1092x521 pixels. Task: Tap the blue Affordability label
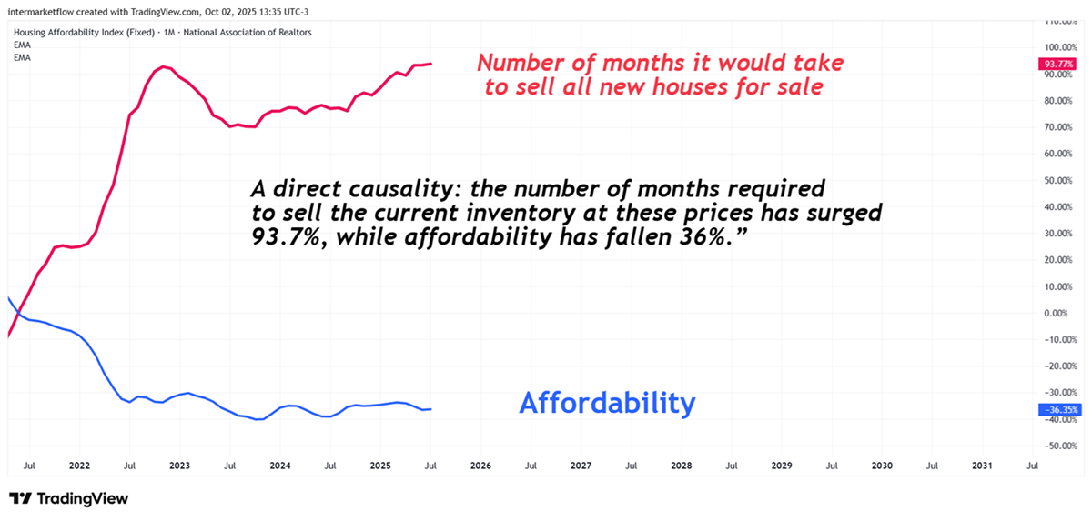pyautogui.click(x=607, y=403)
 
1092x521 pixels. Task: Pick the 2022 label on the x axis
pyautogui.click(x=79, y=466)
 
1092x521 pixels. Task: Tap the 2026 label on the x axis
pyautogui.click(x=480, y=466)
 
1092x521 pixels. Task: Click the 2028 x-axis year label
pyautogui.click(x=681, y=466)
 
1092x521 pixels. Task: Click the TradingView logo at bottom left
pyautogui.click(x=68, y=498)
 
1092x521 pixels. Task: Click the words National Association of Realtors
pyautogui.click(x=259, y=32)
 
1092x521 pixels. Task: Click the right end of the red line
pyautogui.click(x=430, y=64)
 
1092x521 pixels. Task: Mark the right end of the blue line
pyautogui.click(x=430, y=409)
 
